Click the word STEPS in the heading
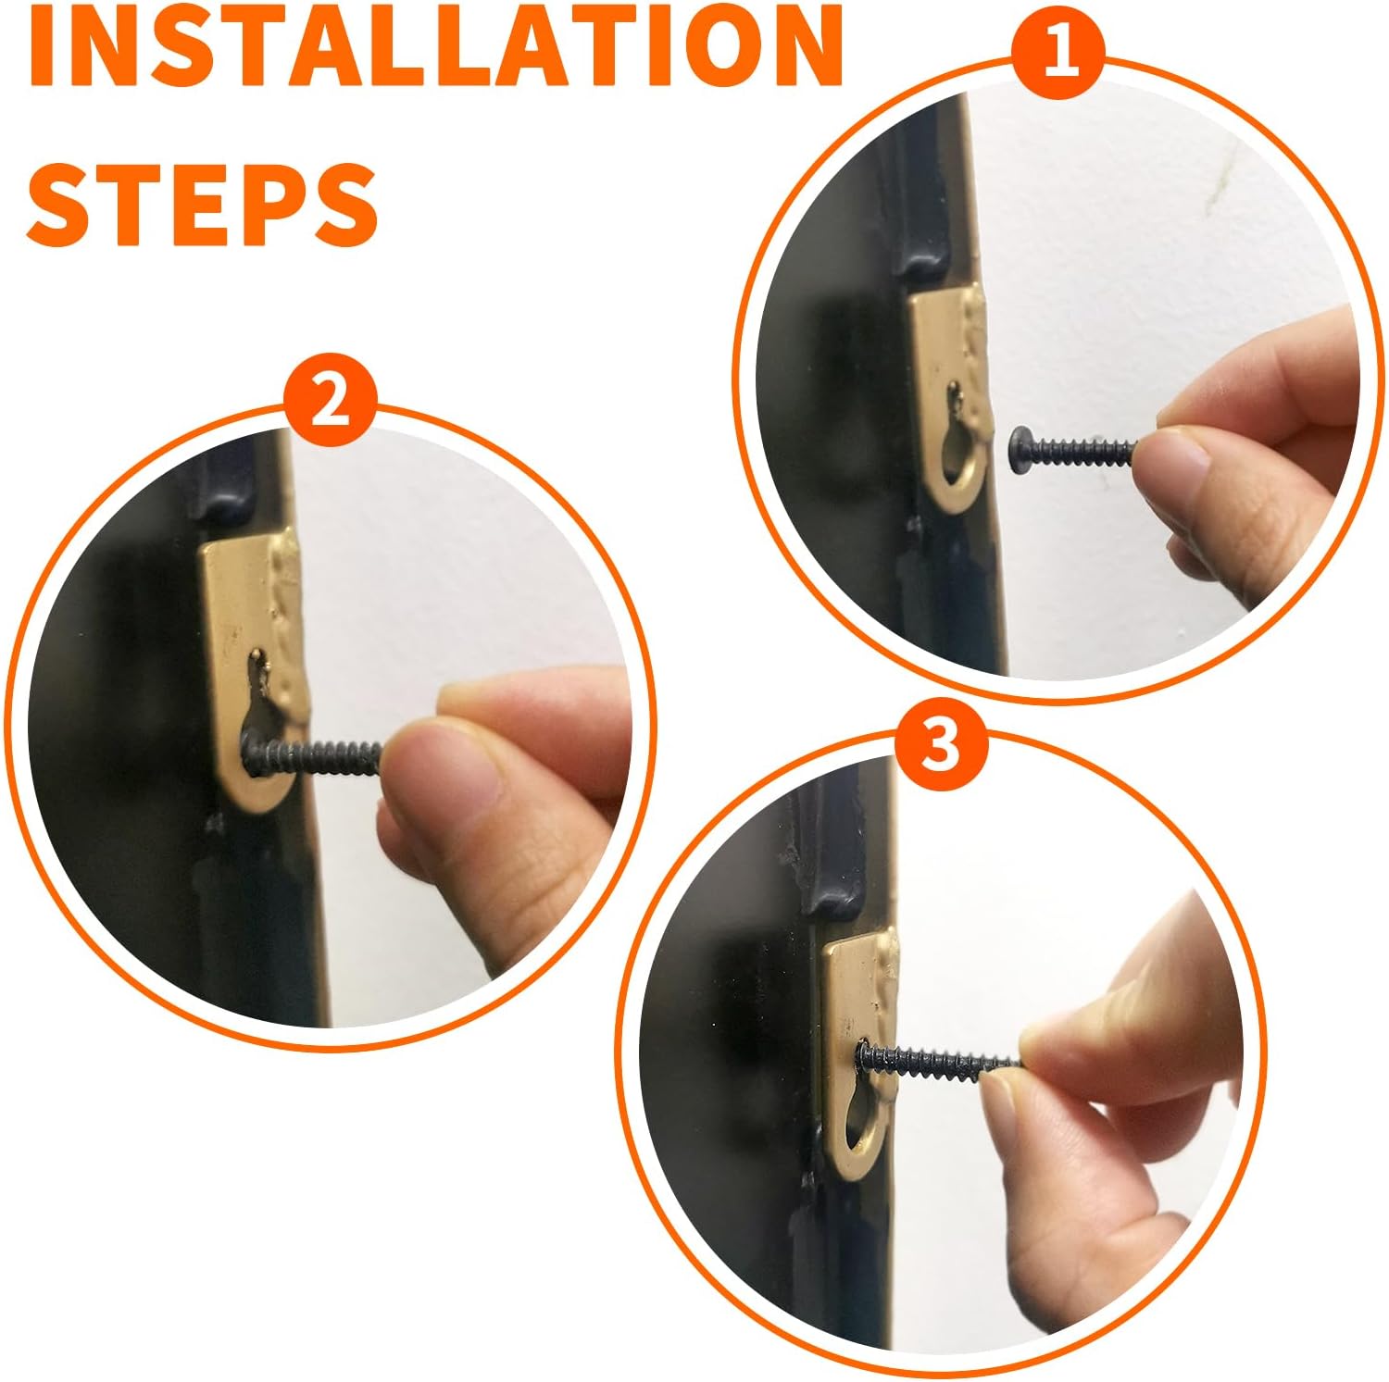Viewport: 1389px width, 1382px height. point(203,204)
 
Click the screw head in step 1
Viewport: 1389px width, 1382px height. point(1019,451)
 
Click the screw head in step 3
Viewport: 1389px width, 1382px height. point(867,1056)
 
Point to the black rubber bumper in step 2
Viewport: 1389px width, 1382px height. point(222,481)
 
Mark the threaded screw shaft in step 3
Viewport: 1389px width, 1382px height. point(949,1062)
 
